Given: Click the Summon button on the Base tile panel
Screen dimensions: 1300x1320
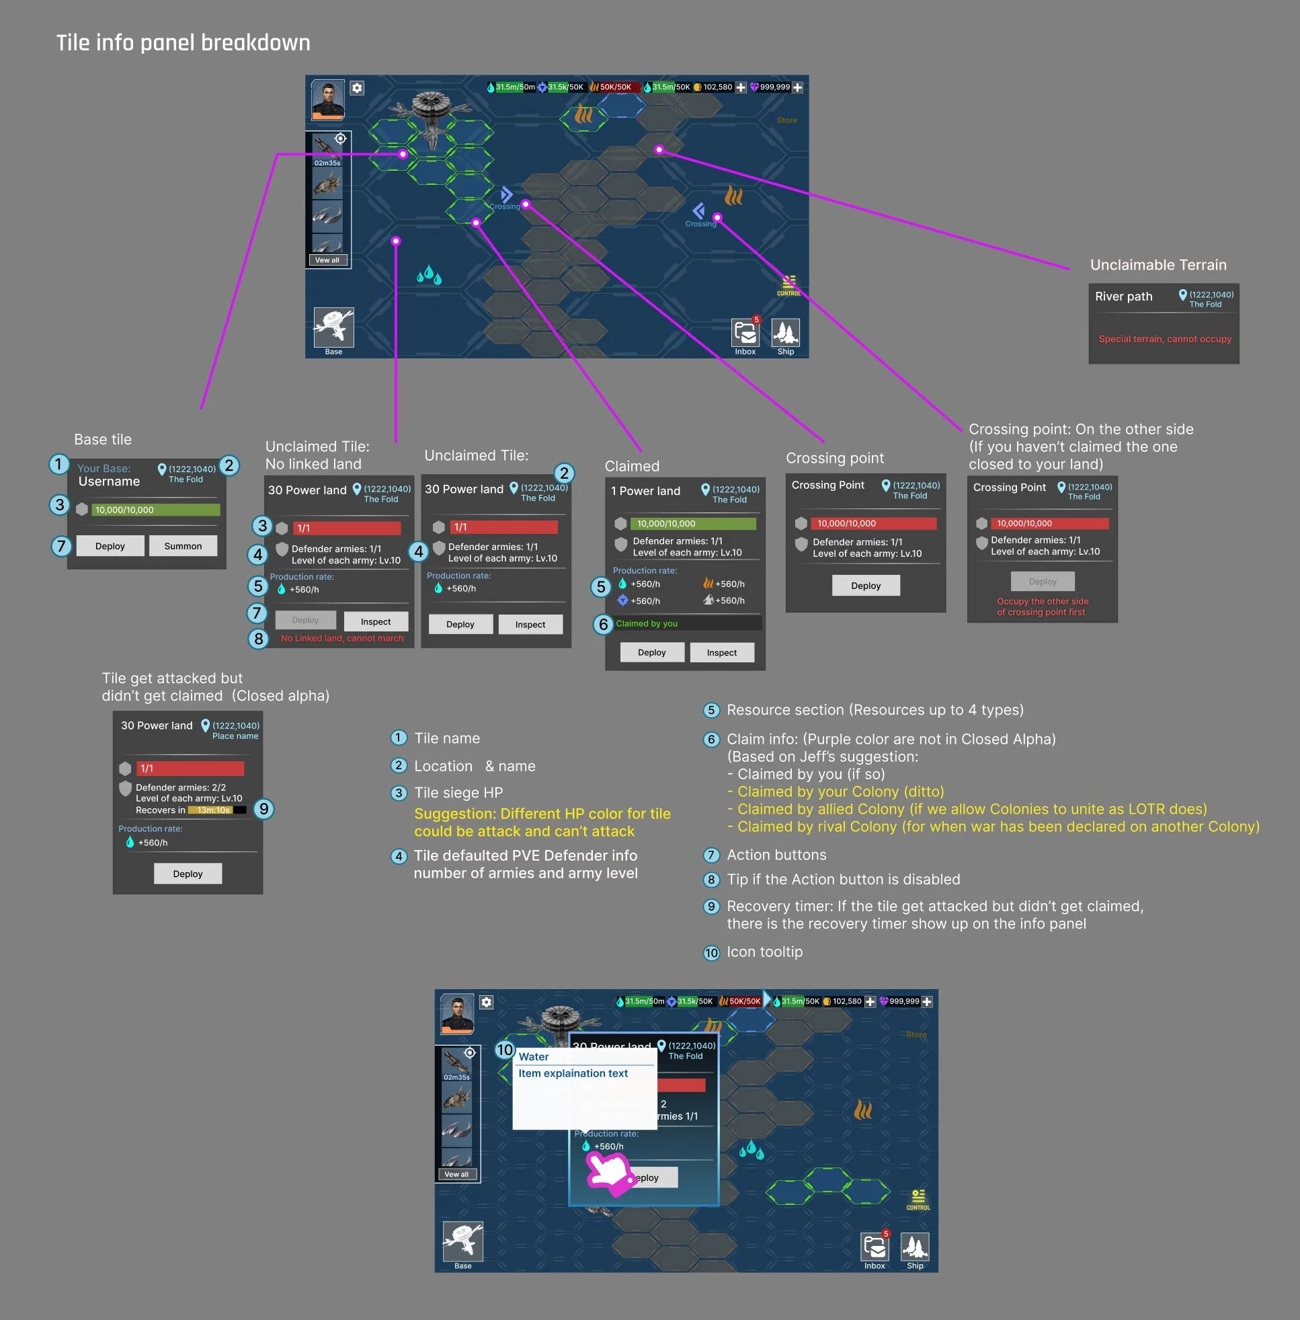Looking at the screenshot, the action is coord(182,545).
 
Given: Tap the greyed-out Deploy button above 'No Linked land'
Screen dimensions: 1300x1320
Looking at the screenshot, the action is coord(305,620).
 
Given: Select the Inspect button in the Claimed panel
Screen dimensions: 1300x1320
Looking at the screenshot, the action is coord(721,653).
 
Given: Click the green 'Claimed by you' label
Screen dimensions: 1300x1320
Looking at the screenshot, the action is coord(646,623).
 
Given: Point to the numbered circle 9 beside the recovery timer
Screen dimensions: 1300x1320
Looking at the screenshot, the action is coord(263,809).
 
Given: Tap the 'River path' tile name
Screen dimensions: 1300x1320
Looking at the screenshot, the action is coord(1123,297).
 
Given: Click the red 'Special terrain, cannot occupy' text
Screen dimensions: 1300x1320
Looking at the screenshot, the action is coord(1164,339).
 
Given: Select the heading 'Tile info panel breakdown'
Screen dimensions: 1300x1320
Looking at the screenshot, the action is coord(183,43).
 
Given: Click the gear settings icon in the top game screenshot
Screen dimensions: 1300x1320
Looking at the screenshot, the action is coord(357,88).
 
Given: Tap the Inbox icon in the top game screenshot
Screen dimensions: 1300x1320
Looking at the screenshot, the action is coord(745,334).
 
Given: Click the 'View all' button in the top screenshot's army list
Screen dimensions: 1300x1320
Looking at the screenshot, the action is coord(327,260).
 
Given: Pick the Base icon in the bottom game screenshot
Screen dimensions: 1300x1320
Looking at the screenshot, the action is coord(463,1242).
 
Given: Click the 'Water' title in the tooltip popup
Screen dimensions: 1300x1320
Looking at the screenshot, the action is coord(533,1056).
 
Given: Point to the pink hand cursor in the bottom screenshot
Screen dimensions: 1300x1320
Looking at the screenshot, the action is coord(610,1173).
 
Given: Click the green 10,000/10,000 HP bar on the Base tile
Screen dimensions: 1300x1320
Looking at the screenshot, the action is coord(157,510).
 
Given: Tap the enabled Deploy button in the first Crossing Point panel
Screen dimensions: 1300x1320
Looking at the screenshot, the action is coord(865,586).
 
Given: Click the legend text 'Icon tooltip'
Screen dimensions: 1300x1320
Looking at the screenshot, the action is coord(764,952).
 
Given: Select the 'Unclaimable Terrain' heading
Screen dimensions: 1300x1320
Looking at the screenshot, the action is coord(1158,265).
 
